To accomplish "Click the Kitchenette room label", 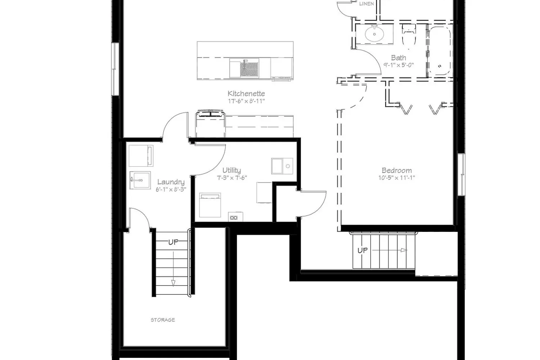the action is pos(246,94).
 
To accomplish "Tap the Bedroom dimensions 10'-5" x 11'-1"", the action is pos(397,178).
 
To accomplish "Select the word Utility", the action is pos(231,171).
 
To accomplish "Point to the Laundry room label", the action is pos(171,182).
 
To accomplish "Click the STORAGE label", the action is pos(163,320).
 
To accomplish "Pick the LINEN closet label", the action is pos(366,4).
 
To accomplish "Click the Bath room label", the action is pos(399,58).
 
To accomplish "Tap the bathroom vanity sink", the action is pos(374,34).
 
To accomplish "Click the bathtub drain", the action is pos(440,66).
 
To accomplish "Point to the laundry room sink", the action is pos(140,180).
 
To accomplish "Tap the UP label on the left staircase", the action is pos(173,242).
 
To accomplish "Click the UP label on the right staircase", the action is pos(363,251).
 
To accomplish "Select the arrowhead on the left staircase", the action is pos(173,283).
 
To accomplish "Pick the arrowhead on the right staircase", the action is pos(404,250).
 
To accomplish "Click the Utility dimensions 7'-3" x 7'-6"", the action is pos(232,178).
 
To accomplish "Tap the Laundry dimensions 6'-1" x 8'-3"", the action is pos(171,189).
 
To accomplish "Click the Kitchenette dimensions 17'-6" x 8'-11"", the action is pos(246,101).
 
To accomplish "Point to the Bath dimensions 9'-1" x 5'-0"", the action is pos(399,65).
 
